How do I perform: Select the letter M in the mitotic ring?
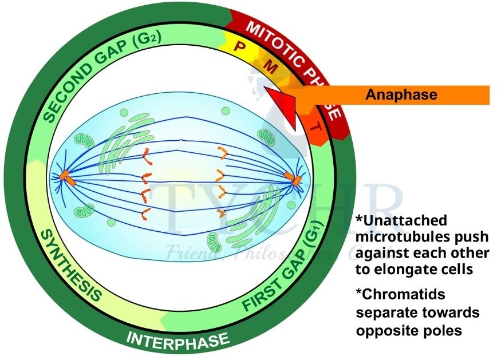tap(273, 68)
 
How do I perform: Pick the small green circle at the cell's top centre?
tap(225, 110)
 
